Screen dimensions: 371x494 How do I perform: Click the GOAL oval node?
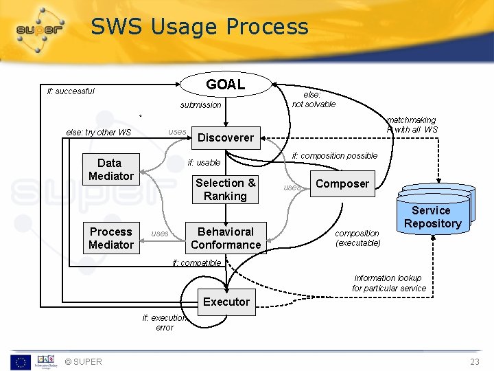[x=225, y=85]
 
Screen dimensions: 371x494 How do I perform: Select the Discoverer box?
[x=225, y=137]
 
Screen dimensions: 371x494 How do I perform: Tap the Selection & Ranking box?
[x=225, y=189]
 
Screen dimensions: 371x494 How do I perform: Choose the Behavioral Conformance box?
[x=225, y=238]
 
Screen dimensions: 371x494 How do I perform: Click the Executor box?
[x=226, y=302]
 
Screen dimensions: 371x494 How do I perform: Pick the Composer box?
[x=342, y=183]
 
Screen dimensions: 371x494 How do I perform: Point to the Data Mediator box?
[x=110, y=170]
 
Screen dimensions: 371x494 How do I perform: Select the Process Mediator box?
[x=110, y=238]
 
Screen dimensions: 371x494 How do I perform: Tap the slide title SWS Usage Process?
[x=200, y=27]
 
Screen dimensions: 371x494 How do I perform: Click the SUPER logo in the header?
[x=40, y=30]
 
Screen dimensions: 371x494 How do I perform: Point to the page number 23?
[x=475, y=362]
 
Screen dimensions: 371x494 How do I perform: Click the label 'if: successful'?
[x=71, y=91]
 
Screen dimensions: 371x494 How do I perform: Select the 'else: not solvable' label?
[x=314, y=100]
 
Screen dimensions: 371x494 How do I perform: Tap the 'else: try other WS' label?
[x=98, y=133]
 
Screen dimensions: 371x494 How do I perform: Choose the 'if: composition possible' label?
[x=334, y=156]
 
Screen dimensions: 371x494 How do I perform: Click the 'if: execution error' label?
[x=165, y=322]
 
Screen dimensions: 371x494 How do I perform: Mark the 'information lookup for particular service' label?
[x=389, y=283]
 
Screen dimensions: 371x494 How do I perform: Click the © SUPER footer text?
[x=83, y=362]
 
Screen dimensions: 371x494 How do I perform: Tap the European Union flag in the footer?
[x=19, y=361]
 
